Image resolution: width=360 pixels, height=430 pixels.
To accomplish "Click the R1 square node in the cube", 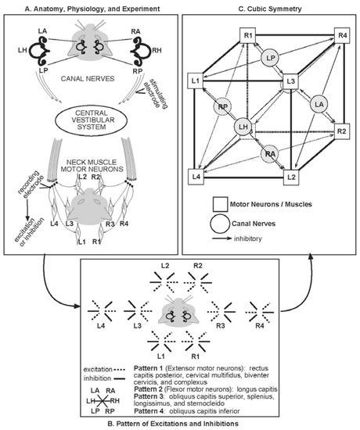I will coord(247,35).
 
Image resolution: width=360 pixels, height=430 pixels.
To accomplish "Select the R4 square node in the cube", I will coord(341,35).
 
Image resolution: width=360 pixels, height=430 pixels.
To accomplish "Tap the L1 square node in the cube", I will coord(196,81).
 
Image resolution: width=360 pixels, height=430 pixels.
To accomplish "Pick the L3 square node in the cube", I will coord(290,81).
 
